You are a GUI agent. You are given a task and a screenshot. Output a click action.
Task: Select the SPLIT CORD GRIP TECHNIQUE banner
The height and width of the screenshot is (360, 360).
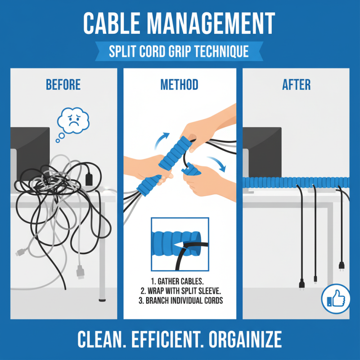tap(179, 51)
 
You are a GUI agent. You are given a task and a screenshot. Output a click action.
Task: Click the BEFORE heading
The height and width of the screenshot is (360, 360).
tap(63, 85)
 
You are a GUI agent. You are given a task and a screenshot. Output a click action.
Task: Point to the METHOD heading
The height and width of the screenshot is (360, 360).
tap(179, 85)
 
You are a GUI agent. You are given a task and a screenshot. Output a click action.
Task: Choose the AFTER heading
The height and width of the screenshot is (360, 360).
tap(297, 85)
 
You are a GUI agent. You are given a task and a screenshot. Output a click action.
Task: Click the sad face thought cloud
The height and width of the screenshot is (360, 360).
tap(73, 120)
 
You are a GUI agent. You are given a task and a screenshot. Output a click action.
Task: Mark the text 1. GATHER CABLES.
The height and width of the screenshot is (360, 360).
tap(180, 281)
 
